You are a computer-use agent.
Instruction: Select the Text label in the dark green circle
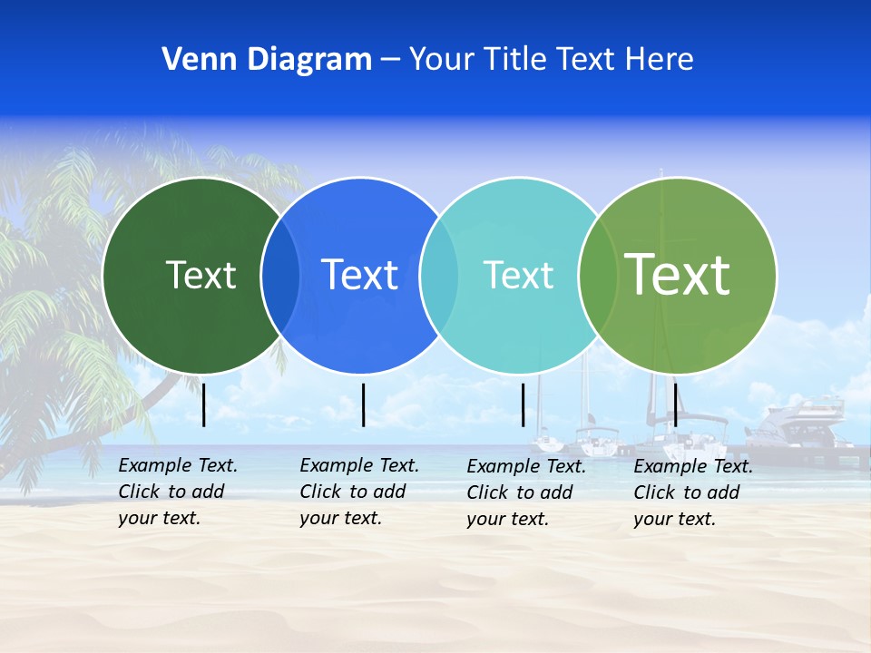pyautogui.click(x=201, y=275)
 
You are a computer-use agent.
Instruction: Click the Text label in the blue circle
pyautogui.click(x=359, y=275)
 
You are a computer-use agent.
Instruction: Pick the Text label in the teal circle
pyautogui.click(x=518, y=275)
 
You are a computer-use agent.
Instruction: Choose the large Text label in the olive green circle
pyautogui.click(x=677, y=274)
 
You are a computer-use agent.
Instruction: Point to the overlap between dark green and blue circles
pyautogui.click(x=280, y=275)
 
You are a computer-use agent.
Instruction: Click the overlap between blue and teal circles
pyautogui.click(x=439, y=275)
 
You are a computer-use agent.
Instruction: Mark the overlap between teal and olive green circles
pyautogui.click(x=598, y=275)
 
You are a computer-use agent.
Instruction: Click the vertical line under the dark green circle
pyautogui.click(x=204, y=404)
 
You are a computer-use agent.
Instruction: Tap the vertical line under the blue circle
pyautogui.click(x=363, y=404)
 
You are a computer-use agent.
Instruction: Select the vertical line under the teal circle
pyautogui.click(x=523, y=404)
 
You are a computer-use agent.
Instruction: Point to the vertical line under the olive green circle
pyautogui.click(x=675, y=404)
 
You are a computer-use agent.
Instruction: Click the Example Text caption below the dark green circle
pyautogui.click(x=178, y=492)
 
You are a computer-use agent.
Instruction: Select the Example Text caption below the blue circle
pyautogui.click(x=359, y=492)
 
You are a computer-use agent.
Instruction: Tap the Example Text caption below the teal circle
pyautogui.click(x=526, y=492)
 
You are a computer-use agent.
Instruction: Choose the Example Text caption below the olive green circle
pyautogui.click(x=693, y=492)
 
